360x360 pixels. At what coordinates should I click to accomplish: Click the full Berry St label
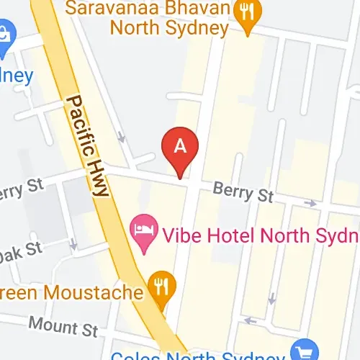click(244, 192)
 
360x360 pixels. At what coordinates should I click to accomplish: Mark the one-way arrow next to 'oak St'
click(73, 245)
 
